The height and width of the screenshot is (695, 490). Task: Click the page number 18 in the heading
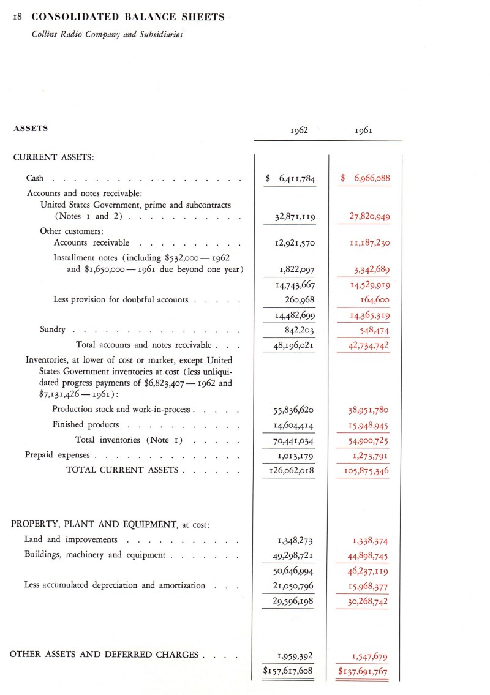17,17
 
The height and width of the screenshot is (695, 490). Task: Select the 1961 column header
365,130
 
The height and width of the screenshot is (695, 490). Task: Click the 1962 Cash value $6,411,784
290,179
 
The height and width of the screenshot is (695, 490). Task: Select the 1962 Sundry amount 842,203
296,330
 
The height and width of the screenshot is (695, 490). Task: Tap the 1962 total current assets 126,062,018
292,470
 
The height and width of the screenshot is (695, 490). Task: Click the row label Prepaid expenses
58,455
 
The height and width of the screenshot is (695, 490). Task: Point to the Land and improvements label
70,539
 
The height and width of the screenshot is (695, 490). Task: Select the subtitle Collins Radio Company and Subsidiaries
107,34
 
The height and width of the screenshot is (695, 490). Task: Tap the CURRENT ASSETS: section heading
53,157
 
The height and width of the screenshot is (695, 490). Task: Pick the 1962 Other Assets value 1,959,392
296,656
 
